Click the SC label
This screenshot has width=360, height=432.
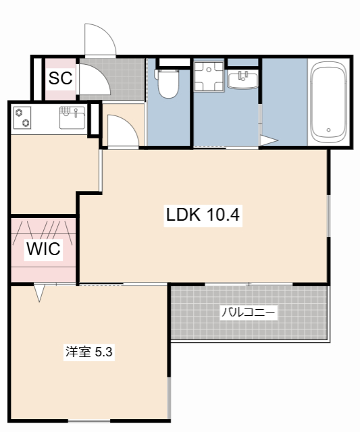point(60,78)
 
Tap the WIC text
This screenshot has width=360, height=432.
point(43,249)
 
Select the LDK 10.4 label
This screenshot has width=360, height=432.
point(203,215)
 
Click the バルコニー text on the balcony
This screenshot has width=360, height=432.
point(249,313)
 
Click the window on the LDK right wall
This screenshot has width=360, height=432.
point(329,216)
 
